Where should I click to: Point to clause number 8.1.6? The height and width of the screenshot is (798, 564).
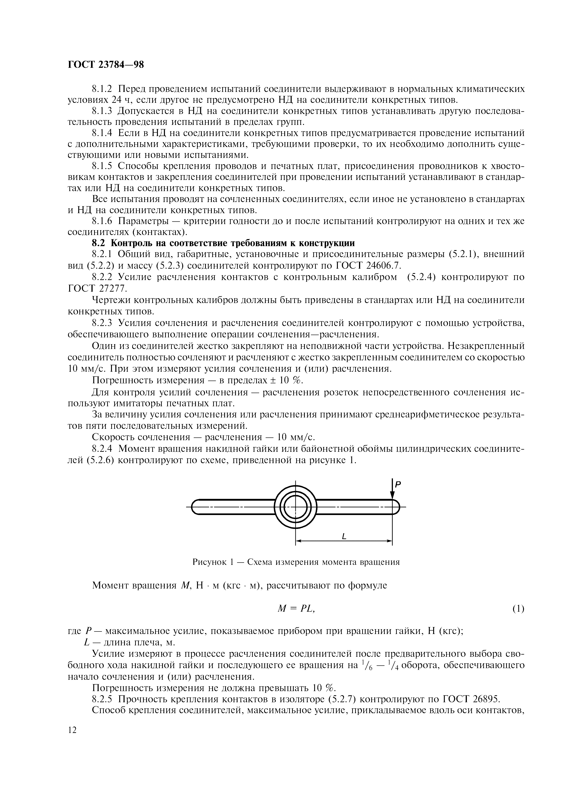103,221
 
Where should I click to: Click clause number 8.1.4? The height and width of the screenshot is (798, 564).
103,133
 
